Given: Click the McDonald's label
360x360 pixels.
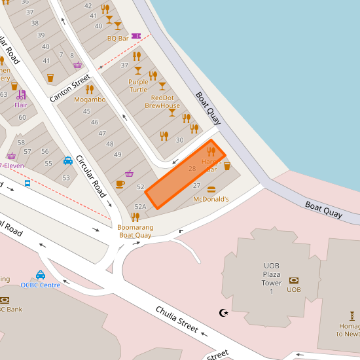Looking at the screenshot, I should [211, 199].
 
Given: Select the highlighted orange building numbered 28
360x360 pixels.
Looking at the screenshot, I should [185, 174].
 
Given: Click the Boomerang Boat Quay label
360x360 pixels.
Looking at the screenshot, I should [135, 231].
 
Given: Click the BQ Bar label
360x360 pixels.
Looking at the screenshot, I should [118, 38].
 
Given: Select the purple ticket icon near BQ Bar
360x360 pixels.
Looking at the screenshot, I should [136, 36].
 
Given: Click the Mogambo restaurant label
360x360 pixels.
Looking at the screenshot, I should [90, 99].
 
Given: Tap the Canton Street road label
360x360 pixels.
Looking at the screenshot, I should [69, 88].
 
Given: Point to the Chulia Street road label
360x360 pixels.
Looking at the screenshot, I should [177, 319].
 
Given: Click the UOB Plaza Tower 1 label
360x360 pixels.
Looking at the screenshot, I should [271, 278].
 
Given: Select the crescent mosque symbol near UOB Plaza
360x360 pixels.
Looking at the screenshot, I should [225, 313].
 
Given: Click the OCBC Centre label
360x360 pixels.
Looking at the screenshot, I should [41, 285].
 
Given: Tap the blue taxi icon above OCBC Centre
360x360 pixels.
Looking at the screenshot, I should [41, 275].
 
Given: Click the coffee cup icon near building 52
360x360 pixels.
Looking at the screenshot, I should [120, 184].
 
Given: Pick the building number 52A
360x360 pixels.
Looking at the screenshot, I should [140, 206].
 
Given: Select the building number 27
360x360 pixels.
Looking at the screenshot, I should [196, 186].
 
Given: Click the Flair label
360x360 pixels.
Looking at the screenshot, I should [21, 104].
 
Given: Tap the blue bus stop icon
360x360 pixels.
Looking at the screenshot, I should [27, 183].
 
